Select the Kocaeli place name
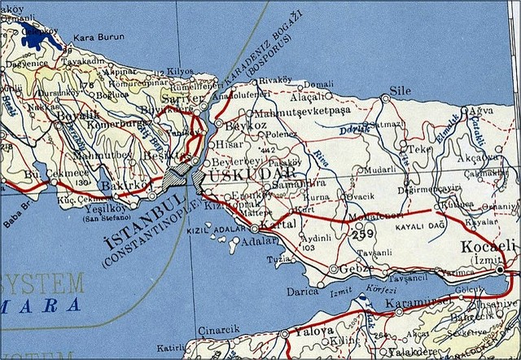(488, 247)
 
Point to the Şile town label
(401, 90)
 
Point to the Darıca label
(301, 291)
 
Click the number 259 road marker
(363, 235)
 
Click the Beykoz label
(243, 126)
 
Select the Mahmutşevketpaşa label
(302, 111)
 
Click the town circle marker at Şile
(386, 99)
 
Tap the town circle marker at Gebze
(334, 268)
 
